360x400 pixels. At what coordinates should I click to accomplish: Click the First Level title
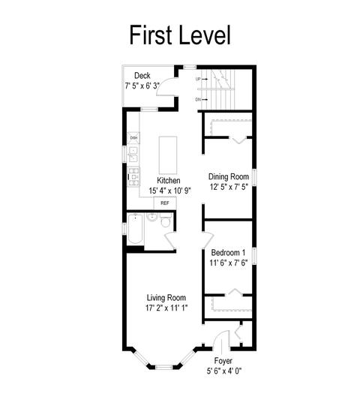tap(180, 35)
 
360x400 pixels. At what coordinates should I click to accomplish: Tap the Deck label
tap(142, 76)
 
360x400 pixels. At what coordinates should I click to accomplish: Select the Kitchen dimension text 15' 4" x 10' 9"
tap(169, 191)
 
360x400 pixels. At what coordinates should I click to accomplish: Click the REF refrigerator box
tap(165, 203)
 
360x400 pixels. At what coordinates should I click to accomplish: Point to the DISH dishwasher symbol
tap(133, 138)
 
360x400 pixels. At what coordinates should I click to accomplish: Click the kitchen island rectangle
tap(168, 155)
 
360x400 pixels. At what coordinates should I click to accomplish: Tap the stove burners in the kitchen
tap(133, 176)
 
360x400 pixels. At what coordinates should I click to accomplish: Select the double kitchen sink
tap(133, 155)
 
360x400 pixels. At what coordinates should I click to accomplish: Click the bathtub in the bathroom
tap(135, 229)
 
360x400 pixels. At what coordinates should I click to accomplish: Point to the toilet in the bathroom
tap(166, 221)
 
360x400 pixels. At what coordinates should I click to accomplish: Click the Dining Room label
tap(229, 176)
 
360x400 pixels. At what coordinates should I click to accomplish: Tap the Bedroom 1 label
tap(228, 253)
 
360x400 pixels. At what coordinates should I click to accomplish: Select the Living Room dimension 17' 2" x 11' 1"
tap(166, 308)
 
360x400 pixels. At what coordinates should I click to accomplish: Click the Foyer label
tap(223, 361)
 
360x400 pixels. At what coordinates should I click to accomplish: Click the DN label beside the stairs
tap(198, 100)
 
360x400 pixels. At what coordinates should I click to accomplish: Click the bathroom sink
tap(152, 218)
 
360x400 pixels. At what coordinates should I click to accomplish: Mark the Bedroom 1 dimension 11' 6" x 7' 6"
tap(229, 263)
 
